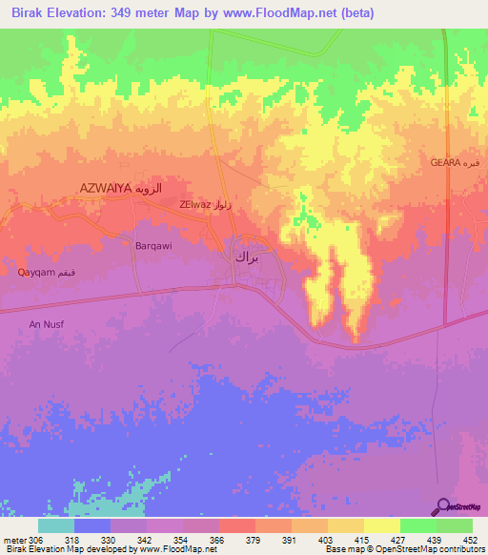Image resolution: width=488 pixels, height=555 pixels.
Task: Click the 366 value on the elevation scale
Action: point(218,540)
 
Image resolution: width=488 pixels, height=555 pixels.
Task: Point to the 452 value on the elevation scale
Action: point(472,540)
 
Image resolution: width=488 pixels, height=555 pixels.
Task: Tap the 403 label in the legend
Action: point(327,540)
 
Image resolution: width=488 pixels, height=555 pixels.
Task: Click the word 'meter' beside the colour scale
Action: point(13,540)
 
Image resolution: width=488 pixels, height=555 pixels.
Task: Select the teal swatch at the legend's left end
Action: point(55,525)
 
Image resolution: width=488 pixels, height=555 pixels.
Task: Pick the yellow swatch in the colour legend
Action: point(381,525)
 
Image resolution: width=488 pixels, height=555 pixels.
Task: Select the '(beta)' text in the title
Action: point(353,13)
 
